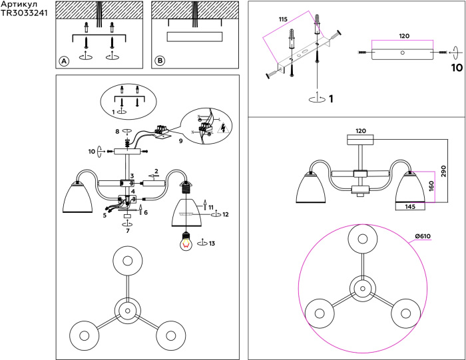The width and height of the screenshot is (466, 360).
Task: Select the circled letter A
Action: pos(65,61)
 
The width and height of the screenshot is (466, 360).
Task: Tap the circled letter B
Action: pos(160,61)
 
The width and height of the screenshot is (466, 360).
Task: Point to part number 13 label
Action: pos(212,244)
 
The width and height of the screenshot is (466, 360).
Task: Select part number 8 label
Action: pos(117,132)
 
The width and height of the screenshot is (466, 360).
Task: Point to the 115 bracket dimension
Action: pos(284,21)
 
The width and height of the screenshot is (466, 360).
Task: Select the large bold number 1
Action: pos(331,99)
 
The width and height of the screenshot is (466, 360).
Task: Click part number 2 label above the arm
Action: pos(156,171)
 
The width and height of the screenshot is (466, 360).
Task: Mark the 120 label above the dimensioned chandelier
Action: pos(361,131)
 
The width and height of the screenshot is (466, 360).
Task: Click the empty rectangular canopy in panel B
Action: pos(194,37)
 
